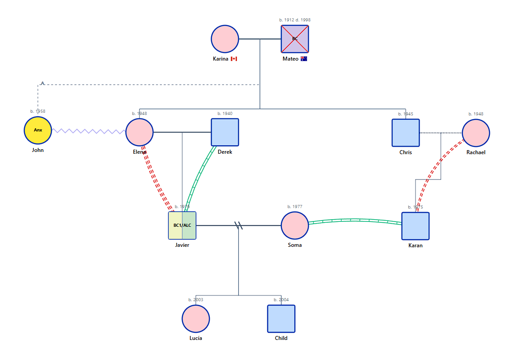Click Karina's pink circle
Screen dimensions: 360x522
225,39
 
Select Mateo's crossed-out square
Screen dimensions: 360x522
295,39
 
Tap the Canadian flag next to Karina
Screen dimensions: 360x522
234,59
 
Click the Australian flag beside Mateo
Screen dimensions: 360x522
304,59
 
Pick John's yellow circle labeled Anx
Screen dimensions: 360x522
38,131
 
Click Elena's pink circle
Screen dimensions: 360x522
139,132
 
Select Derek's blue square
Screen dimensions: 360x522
225,132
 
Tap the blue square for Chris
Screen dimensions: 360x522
406,133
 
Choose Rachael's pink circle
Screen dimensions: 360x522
476,133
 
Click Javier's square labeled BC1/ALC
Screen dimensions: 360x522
182,225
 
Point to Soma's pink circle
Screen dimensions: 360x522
295,225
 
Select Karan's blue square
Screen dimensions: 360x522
416,226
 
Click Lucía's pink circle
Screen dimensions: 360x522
196,319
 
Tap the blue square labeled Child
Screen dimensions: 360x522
281,319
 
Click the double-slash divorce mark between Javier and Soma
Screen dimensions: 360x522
239,226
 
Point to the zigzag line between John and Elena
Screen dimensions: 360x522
89,131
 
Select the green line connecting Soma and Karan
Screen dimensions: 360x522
355,220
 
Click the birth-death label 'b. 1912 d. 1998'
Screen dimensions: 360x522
295,20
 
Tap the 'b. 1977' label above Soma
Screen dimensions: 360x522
295,207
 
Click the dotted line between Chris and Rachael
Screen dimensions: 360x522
440,133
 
